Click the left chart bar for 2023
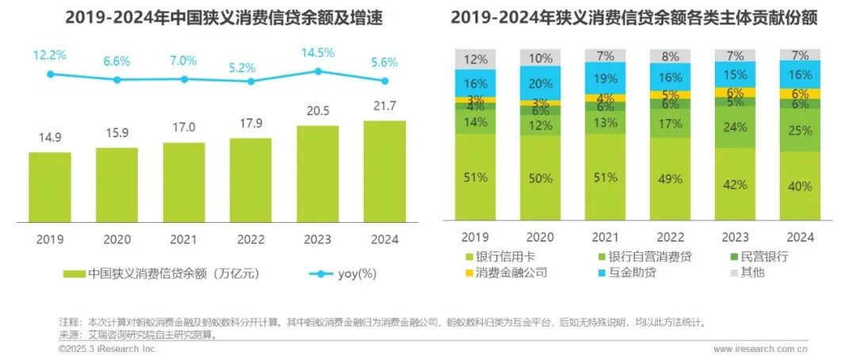[x=317, y=174]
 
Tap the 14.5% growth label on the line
[x=318, y=53]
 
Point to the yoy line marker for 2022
[x=251, y=81]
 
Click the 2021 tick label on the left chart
[x=184, y=239]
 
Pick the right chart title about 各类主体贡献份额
[x=634, y=17]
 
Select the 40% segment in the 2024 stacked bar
[x=801, y=186]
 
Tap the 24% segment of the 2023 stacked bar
[x=734, y=128]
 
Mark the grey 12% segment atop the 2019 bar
[x=475, y=59]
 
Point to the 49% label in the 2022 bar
[x=670, y=179]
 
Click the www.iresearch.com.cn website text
[x=760, y=348]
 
